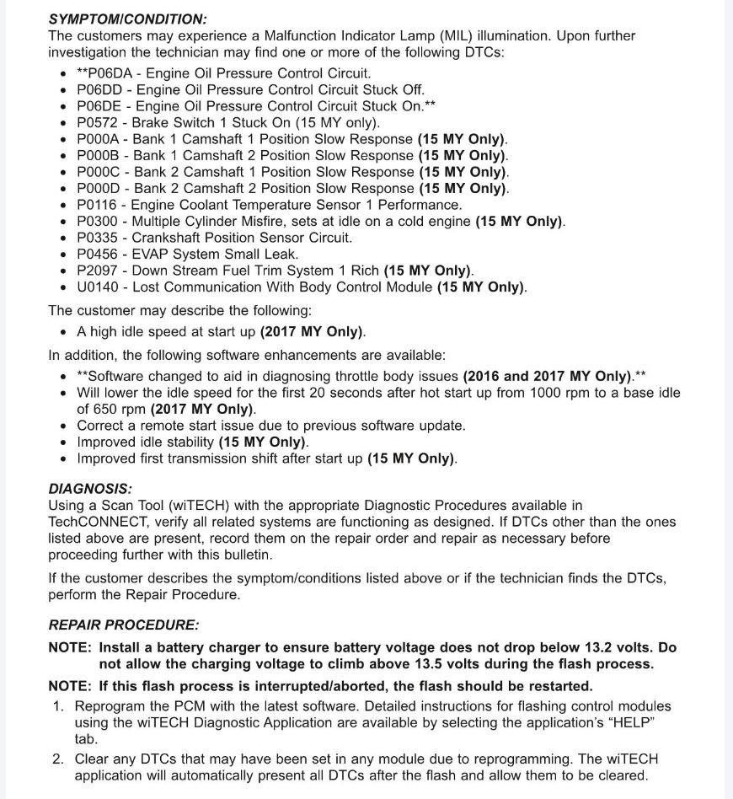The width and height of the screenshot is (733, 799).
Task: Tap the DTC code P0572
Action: pos(99,123)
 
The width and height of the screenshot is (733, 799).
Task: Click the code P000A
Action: pos(99,139)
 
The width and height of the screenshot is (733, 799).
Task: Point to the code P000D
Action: pos(99,189)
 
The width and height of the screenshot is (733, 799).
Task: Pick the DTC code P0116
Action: pos(99,205)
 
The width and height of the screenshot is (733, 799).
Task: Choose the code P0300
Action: pos(99,222)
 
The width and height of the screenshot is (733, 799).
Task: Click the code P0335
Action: pos(99,238)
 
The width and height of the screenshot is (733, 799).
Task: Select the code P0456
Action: pos(99,255)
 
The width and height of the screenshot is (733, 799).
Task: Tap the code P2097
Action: pos(99,271)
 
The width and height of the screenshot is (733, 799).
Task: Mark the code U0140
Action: pos(99,287)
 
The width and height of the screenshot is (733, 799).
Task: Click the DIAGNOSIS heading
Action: pos(90,489)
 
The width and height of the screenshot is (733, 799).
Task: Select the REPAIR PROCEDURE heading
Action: pos(124,625)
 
